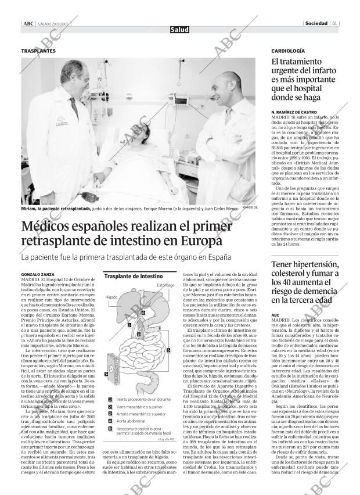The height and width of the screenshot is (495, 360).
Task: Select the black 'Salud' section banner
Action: [179, 30]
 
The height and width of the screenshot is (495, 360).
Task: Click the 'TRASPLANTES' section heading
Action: [38, 51]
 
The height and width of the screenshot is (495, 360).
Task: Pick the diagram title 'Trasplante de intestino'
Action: [134, 277]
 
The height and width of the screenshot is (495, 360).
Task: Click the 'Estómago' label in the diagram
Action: [165, 285]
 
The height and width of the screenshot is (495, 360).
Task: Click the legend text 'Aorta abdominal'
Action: [131, 421]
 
